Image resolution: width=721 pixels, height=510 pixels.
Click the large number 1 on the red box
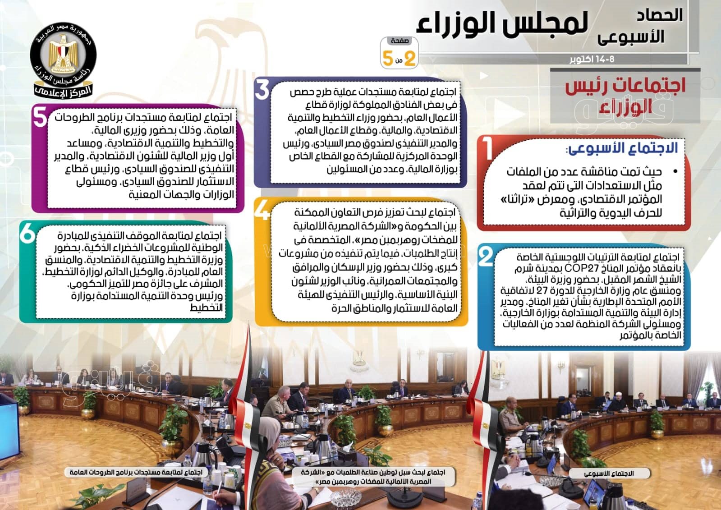pyautogui.click(x=489, y=148)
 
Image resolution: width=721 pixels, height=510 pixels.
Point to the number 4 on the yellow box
pyautogui.click(x=262, y=211)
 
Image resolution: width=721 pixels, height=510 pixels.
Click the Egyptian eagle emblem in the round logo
pyautogui.click(x=63, y=54)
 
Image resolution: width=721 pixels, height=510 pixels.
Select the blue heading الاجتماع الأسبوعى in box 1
pyautogui.click(x=623, y=148)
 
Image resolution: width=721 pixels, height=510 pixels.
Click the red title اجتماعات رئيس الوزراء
pyautogui.click(x=625, y=96)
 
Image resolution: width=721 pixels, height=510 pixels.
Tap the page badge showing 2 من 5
pyautogui.click(x=399, y=53)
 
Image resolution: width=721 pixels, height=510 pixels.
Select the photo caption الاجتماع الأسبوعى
pyautogui.click(x=609, y=473)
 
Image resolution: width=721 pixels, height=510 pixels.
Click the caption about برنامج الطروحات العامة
pyautogui.click(x=136, y=472)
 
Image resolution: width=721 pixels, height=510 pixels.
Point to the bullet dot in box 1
pyautogui.click(x=675, y=172)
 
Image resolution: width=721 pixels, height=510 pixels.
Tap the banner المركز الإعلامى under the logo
pyautogui.click(x=63, y=92)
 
